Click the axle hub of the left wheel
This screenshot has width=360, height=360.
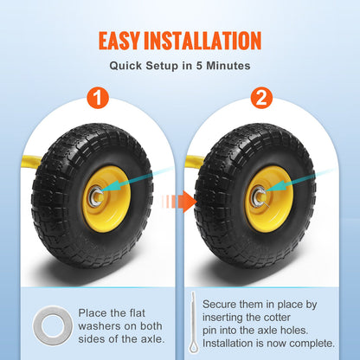[93, 196]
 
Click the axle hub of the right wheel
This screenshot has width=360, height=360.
[256, 196]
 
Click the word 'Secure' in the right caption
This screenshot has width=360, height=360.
[222, 305]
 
